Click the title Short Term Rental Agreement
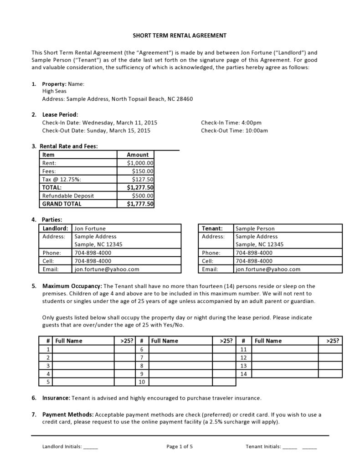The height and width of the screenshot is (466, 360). coord(180,35)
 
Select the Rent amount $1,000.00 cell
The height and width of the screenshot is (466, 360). coord(136,163)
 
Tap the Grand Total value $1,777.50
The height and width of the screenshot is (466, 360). coord(136,204)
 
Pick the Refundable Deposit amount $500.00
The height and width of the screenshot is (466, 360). coord(136,196)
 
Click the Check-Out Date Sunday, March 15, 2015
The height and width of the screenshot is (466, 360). coord(96,130)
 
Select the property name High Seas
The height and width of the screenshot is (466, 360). coord(54,91)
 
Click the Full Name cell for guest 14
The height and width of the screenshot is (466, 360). coord(284,374)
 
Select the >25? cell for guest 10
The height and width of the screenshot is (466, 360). coord(224,382)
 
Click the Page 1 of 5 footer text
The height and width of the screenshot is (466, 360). coord(180,447)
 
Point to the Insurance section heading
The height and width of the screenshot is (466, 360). coord(56,398)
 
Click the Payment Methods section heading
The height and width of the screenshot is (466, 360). coord(68,414)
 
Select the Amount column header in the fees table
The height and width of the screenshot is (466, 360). coord(136,155)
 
